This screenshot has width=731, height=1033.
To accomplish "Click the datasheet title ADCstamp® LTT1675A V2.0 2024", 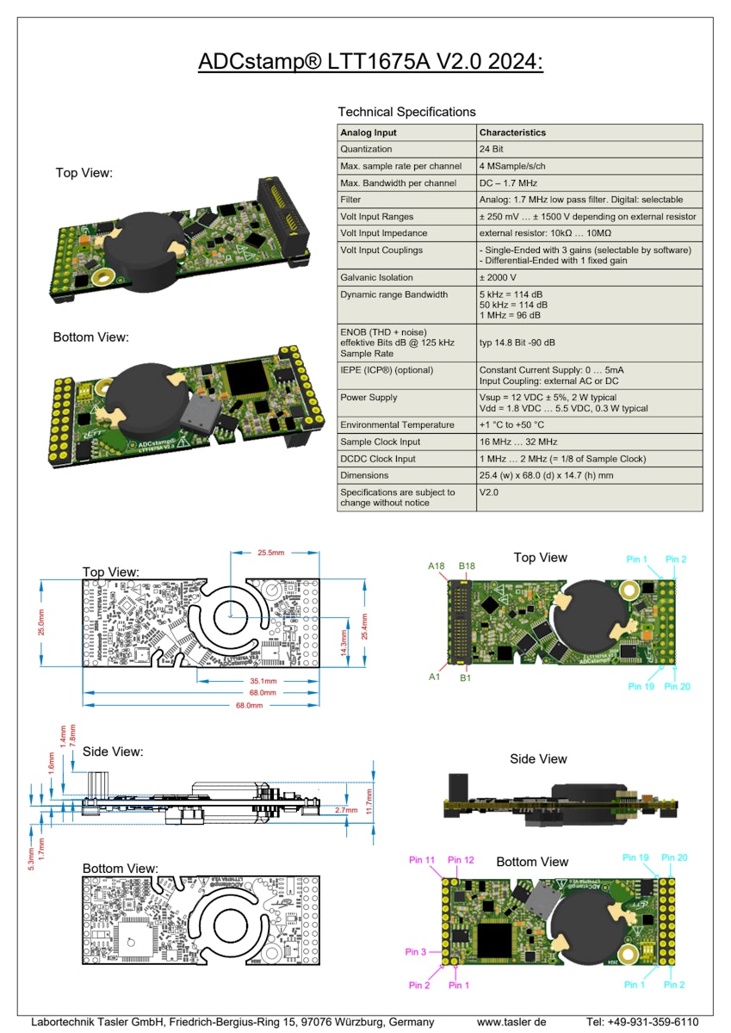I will pyautogui.click(x=370, y=62).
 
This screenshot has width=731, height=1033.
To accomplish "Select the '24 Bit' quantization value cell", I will pyautogui.click(x=493, y=150).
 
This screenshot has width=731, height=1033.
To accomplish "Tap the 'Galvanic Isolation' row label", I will pyautogui.click(x=376, y=277).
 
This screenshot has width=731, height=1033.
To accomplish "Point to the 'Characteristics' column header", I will pyautogui.click(x=512, y=133).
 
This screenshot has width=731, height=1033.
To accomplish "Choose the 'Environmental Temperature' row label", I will pyautogui.click(x=396, y=425).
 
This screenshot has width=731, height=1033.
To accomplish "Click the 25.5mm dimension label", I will pyautogui.click(x=271, y=553).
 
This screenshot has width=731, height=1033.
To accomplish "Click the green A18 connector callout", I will pyautogui.click(x=437, y=566).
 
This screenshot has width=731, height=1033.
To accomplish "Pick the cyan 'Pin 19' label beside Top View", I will pyautogui.click(x=641, y=686).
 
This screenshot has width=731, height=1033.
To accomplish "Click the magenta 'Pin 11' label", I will pyautogui.click(x=422, y=860).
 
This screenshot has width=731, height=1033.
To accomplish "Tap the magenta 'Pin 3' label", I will pyautogui.click(x=416, y=952).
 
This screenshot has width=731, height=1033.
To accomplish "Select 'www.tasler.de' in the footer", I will pyautogui.click(x=511, y=1022).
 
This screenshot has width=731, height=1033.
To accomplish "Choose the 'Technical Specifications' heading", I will pyautogui.click(x=406, y=112).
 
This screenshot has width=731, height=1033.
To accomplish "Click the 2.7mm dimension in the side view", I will pyautogui.click(x=345, y=810).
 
